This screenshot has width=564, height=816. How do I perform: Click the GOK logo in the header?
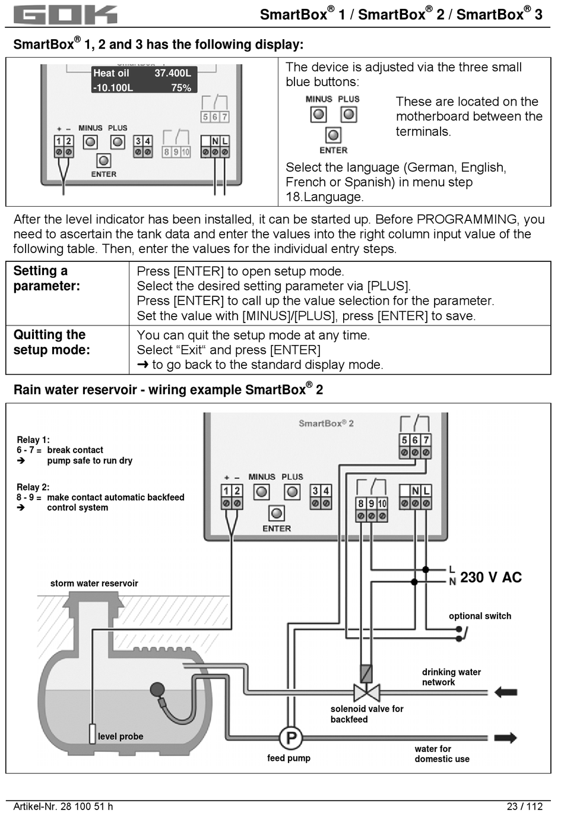(x=65, y=14)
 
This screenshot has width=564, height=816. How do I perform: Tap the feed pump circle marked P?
(x=291, y=738)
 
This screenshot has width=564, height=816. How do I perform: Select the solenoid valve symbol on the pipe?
(x=366, y=692)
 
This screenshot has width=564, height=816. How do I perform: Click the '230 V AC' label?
(x=490, y=577)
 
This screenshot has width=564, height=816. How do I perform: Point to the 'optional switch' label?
(x=480, y=616)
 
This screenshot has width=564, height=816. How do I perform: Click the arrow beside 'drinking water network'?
(x=505, y=692)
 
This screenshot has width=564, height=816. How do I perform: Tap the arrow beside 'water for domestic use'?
(x=505, y=738)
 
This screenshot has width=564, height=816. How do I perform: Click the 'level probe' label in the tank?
(x=121, y=736)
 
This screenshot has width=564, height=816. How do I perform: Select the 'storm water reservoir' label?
(x=94, y=583)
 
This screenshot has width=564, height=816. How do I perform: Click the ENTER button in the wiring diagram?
(x=277, y=513)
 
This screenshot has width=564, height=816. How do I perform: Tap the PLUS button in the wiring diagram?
(x=292, y=492)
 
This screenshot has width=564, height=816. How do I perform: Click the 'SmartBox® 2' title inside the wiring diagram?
(x=326, y=423)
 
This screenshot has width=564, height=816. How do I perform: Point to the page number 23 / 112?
(x=525, y=806)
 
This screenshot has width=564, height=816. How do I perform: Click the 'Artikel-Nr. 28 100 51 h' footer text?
(x=63, y=806)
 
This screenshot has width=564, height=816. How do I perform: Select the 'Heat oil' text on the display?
(x=111, y=73)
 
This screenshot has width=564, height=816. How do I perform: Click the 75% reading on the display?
(x=181, y=88)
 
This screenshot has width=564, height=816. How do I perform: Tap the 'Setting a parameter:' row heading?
(x=46, y=278)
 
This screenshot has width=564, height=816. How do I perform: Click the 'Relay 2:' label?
(x=33, y=487)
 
